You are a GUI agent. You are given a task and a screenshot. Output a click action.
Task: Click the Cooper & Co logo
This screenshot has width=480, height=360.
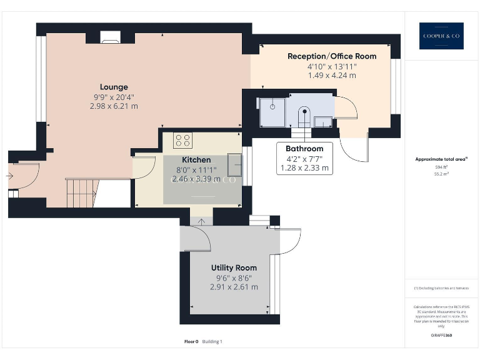tap(441, 36)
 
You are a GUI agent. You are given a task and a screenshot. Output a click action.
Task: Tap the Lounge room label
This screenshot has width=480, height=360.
tap(114, 87)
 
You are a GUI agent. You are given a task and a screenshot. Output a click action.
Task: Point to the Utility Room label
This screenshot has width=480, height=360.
tap(234, 267)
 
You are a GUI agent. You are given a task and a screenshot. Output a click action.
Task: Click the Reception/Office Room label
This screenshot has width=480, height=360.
tap(332, 56)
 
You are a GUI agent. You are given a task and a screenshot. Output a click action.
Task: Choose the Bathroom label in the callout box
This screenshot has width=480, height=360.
tap(304, 149)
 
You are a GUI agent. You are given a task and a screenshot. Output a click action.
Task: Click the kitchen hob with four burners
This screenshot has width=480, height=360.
tap(183, 139)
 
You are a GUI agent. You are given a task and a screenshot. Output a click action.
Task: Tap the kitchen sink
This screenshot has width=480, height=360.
tap(236, 164)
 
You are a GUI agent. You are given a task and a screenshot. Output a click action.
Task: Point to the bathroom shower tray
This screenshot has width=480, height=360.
tap(272, 106)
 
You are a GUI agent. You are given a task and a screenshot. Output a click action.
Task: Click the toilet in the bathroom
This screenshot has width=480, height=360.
tap(305, 114)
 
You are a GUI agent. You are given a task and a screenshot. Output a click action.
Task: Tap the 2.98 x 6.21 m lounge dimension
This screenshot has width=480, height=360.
tap(114, 106)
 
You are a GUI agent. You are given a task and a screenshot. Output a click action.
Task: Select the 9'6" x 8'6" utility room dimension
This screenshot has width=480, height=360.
tap(234, 277)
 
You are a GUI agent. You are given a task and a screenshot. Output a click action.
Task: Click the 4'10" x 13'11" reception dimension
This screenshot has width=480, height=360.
tap(332, 66)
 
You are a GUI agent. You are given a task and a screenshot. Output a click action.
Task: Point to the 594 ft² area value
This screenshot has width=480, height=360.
tap(442, 167)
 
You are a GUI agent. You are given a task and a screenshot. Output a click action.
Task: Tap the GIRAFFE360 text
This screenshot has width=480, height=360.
tap(442, 336)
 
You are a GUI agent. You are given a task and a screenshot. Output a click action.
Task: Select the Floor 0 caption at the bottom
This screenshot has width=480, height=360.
tap(191, 342)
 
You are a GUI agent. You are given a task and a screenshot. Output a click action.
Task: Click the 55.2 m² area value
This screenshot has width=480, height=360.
tap(442, 175)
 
